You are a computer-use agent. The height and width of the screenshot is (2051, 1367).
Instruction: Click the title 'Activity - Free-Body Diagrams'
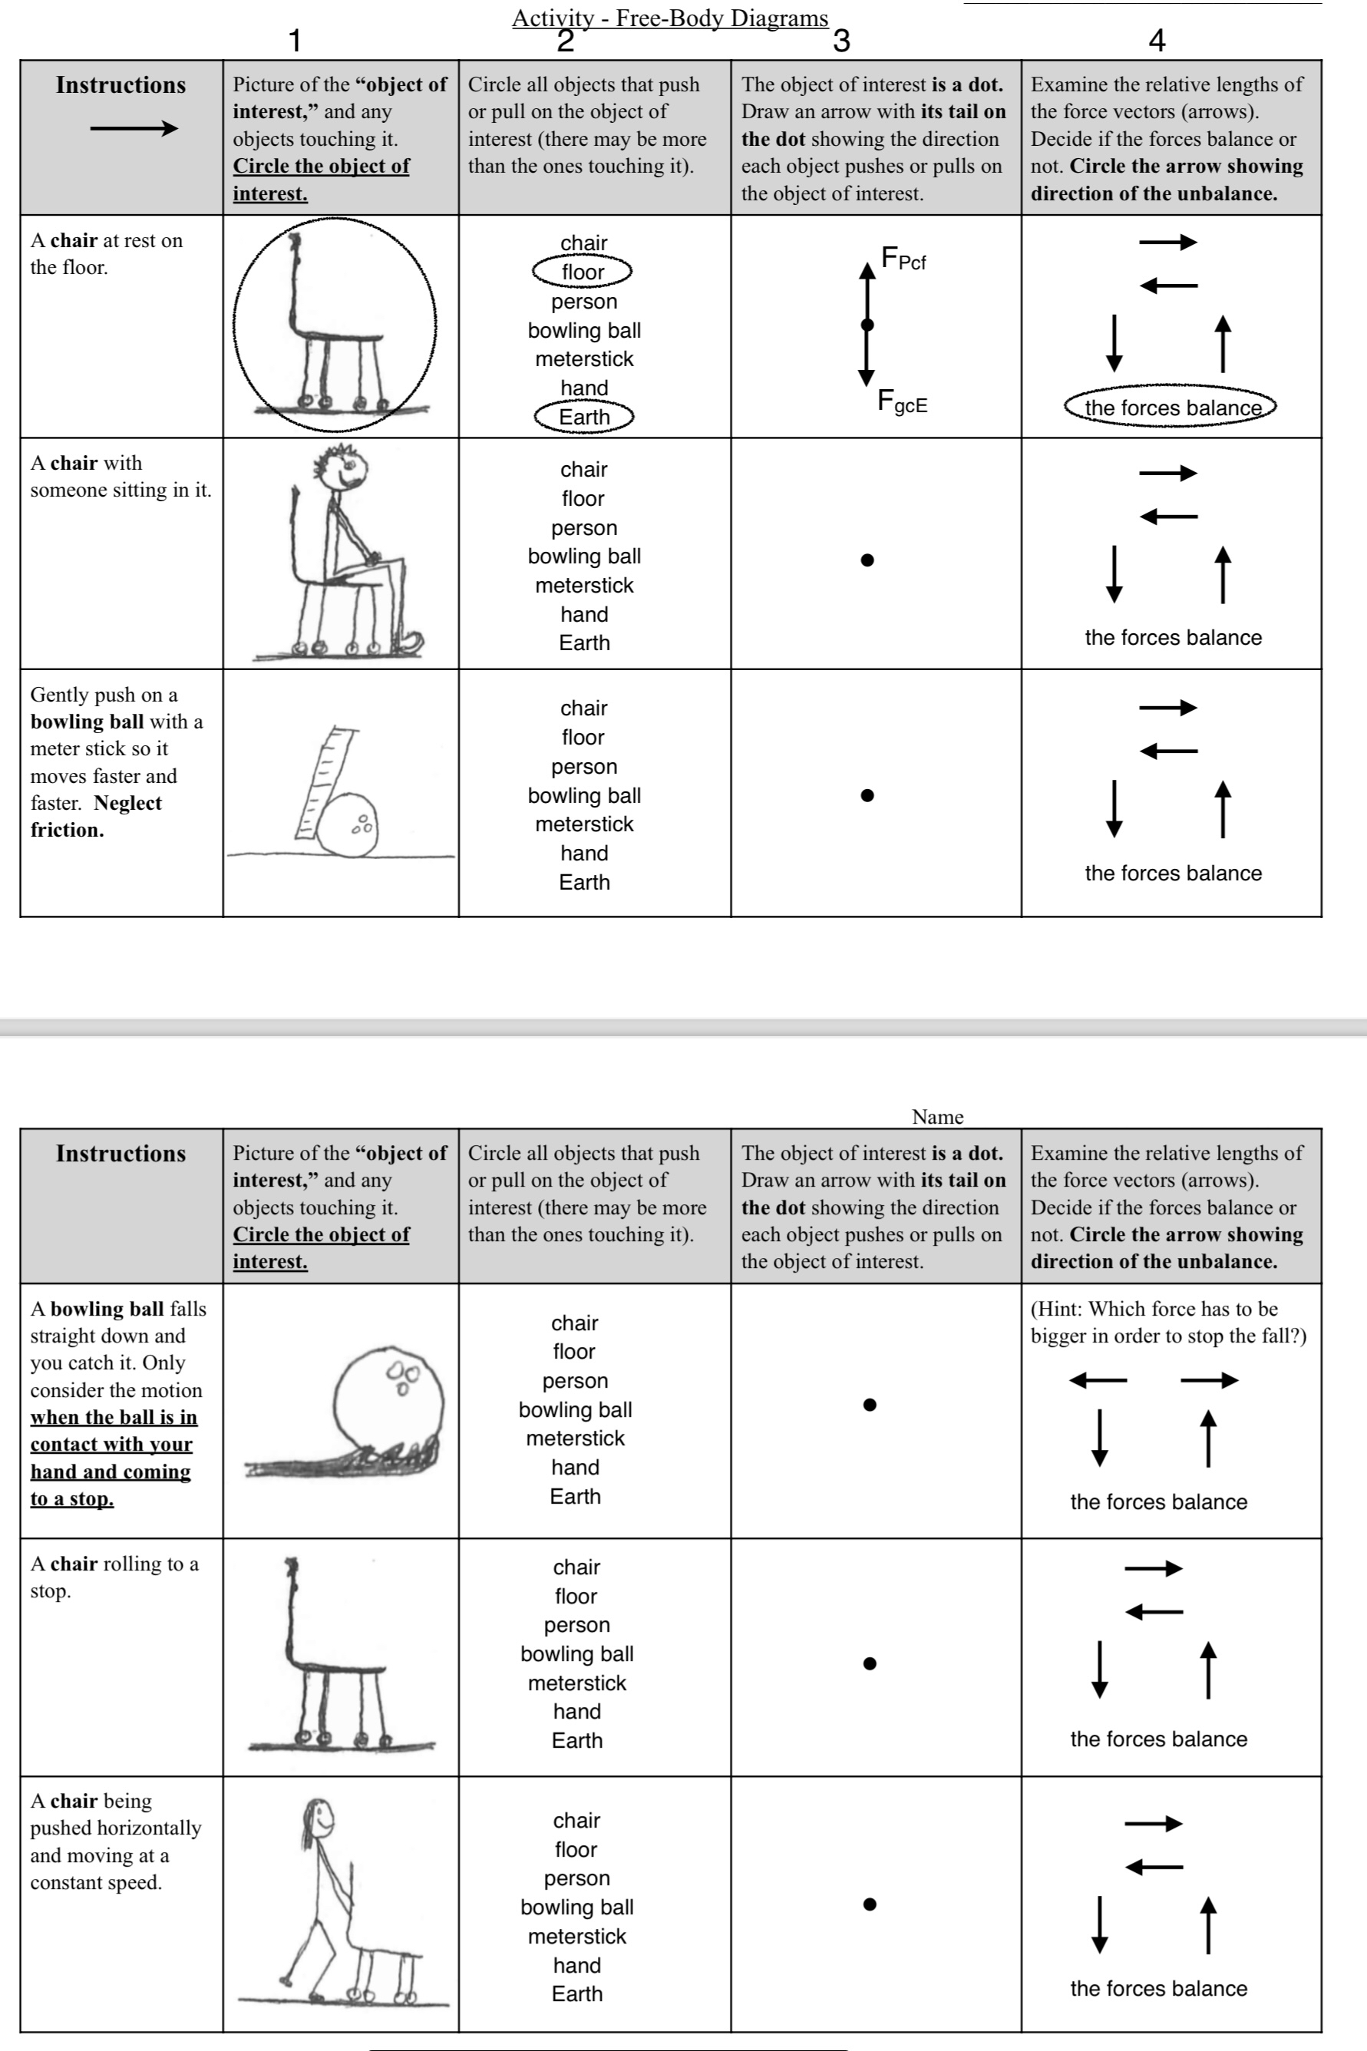669,18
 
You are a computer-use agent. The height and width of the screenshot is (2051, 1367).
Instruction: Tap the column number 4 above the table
1157,40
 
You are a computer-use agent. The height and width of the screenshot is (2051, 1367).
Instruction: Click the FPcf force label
903,259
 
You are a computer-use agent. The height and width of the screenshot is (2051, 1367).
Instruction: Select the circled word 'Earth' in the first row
583,417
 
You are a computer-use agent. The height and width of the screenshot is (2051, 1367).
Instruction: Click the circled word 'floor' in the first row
583,272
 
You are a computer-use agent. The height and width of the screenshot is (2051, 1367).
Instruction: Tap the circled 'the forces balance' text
1171,407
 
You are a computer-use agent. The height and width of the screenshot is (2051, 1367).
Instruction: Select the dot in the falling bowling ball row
868,1404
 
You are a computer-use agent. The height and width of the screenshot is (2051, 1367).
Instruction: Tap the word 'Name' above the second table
937,1117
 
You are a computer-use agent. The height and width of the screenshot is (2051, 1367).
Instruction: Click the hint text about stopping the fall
1167,1322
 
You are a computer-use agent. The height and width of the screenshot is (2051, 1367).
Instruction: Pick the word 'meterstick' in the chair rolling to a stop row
576,1683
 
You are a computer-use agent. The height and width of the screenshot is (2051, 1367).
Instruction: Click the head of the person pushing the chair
319,1818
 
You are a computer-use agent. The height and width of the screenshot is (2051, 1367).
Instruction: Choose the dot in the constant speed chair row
868,1904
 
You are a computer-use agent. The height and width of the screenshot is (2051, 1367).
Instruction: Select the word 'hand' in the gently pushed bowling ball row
583,854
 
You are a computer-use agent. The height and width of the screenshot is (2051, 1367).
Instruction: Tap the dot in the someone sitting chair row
867,560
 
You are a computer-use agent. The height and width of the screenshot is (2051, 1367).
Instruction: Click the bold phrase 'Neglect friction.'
95,817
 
